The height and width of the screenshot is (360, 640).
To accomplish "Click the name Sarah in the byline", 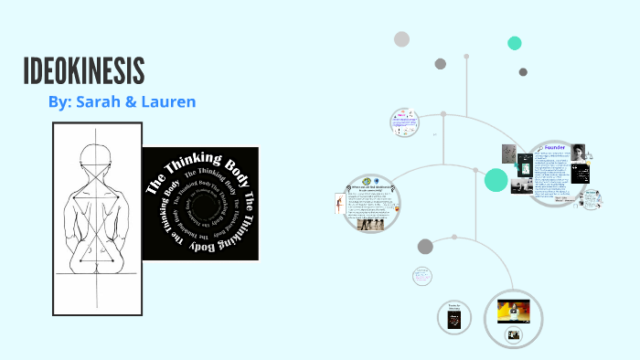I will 99,102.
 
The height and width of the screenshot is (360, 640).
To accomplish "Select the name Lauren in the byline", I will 168,102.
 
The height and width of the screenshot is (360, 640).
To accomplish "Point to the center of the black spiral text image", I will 200,203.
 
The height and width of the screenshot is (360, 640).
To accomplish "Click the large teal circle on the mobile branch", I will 496,180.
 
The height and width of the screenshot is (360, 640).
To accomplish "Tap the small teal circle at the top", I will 515,43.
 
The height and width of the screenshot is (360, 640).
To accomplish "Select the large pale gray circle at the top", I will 401,38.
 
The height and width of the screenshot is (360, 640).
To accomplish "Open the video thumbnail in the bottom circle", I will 512,312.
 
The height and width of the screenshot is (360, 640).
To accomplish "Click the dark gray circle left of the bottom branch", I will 425,246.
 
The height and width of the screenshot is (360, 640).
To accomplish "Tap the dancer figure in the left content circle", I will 342,204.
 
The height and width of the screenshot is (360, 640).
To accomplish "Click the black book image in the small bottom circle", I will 453,320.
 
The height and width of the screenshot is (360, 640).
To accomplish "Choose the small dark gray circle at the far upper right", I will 523,72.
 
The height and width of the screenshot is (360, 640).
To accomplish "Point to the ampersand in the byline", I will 131,102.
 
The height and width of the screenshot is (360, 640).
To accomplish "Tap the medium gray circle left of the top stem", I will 441,64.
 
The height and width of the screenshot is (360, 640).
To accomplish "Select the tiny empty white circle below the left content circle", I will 422,275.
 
